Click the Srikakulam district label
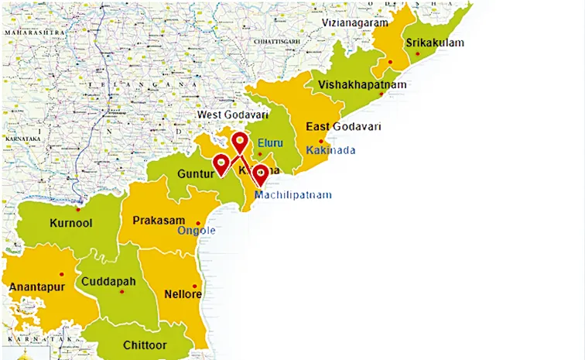(x=434, y=43)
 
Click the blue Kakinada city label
(x=330, y=149)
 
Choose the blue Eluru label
(x=271, y=143)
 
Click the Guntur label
(x=195, y=175)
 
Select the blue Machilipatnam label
(x=293, y=195)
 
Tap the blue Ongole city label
(x=197, y=231)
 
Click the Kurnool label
(x=70, y=223)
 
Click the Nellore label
(x=183, y=294)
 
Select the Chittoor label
(x=145, y=345)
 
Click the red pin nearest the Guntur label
(x=221, y=163)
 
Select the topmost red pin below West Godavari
(x=240, y=142)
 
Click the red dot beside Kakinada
(x=321, y=141)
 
